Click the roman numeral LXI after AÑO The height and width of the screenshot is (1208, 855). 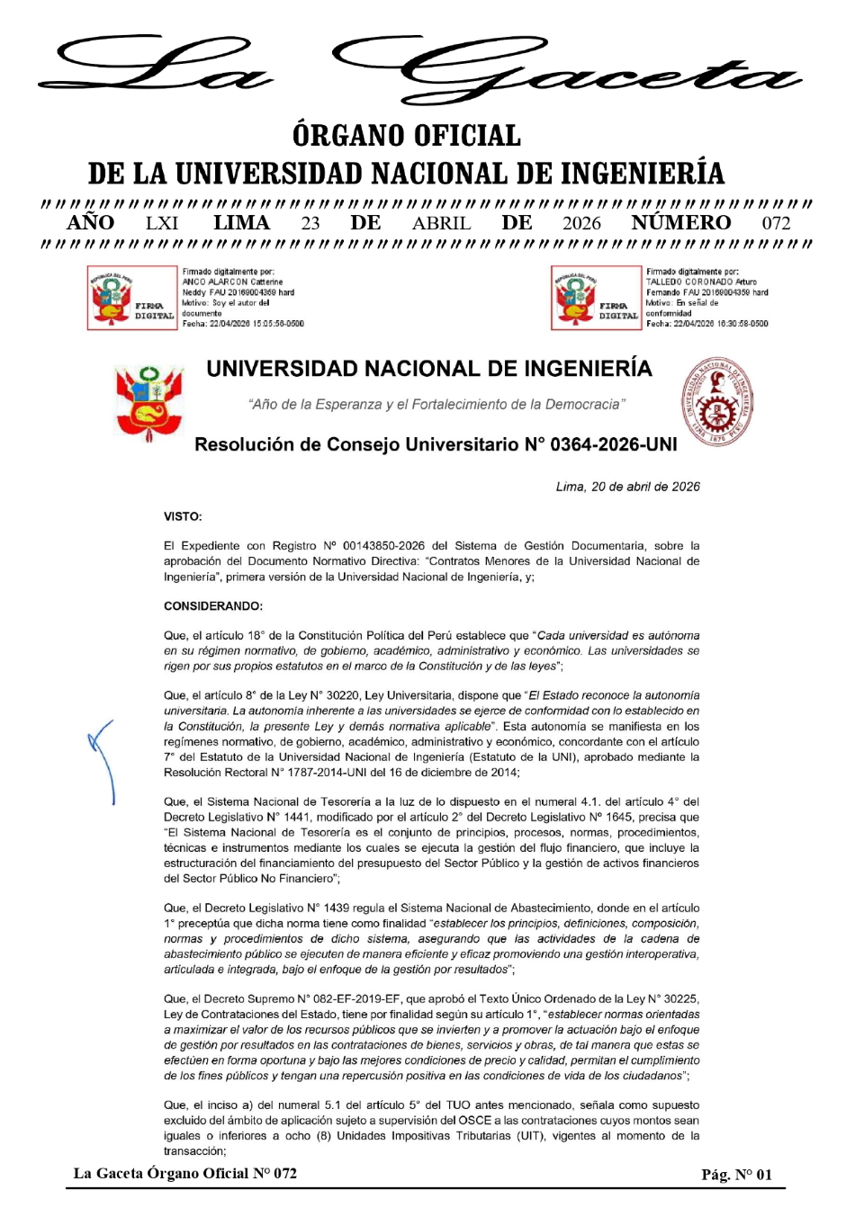click(x=162, y=223)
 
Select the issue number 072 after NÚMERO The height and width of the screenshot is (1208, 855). click(x=776, y=223)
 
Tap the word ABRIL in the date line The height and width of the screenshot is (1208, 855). click(x=441, y=223)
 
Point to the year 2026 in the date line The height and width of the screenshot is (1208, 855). click(x=581, y=223)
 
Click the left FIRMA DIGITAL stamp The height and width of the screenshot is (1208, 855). click(x=132, y=298)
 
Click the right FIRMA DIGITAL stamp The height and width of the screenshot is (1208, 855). click(x=596, y=298)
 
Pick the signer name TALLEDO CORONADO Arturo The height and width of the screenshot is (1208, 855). click(x=701, y=282)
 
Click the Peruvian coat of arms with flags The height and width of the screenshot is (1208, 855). click(x=149, y=404)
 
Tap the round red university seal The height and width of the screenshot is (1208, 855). click(x=716, y=403)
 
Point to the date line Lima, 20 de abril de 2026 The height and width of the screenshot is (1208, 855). click(x=627, y=487)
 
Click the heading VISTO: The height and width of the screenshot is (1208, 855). click(x=183, y=516)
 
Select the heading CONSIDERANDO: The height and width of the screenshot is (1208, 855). click(x=213, y=606)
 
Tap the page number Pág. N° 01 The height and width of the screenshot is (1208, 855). click(x=736, y=1174)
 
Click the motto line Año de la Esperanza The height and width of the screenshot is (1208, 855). click(x=436, y=405)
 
